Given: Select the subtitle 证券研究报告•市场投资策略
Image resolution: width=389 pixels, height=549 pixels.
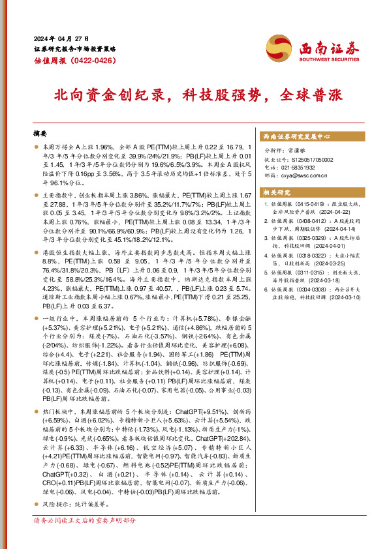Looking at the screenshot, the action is pos(74,49).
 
